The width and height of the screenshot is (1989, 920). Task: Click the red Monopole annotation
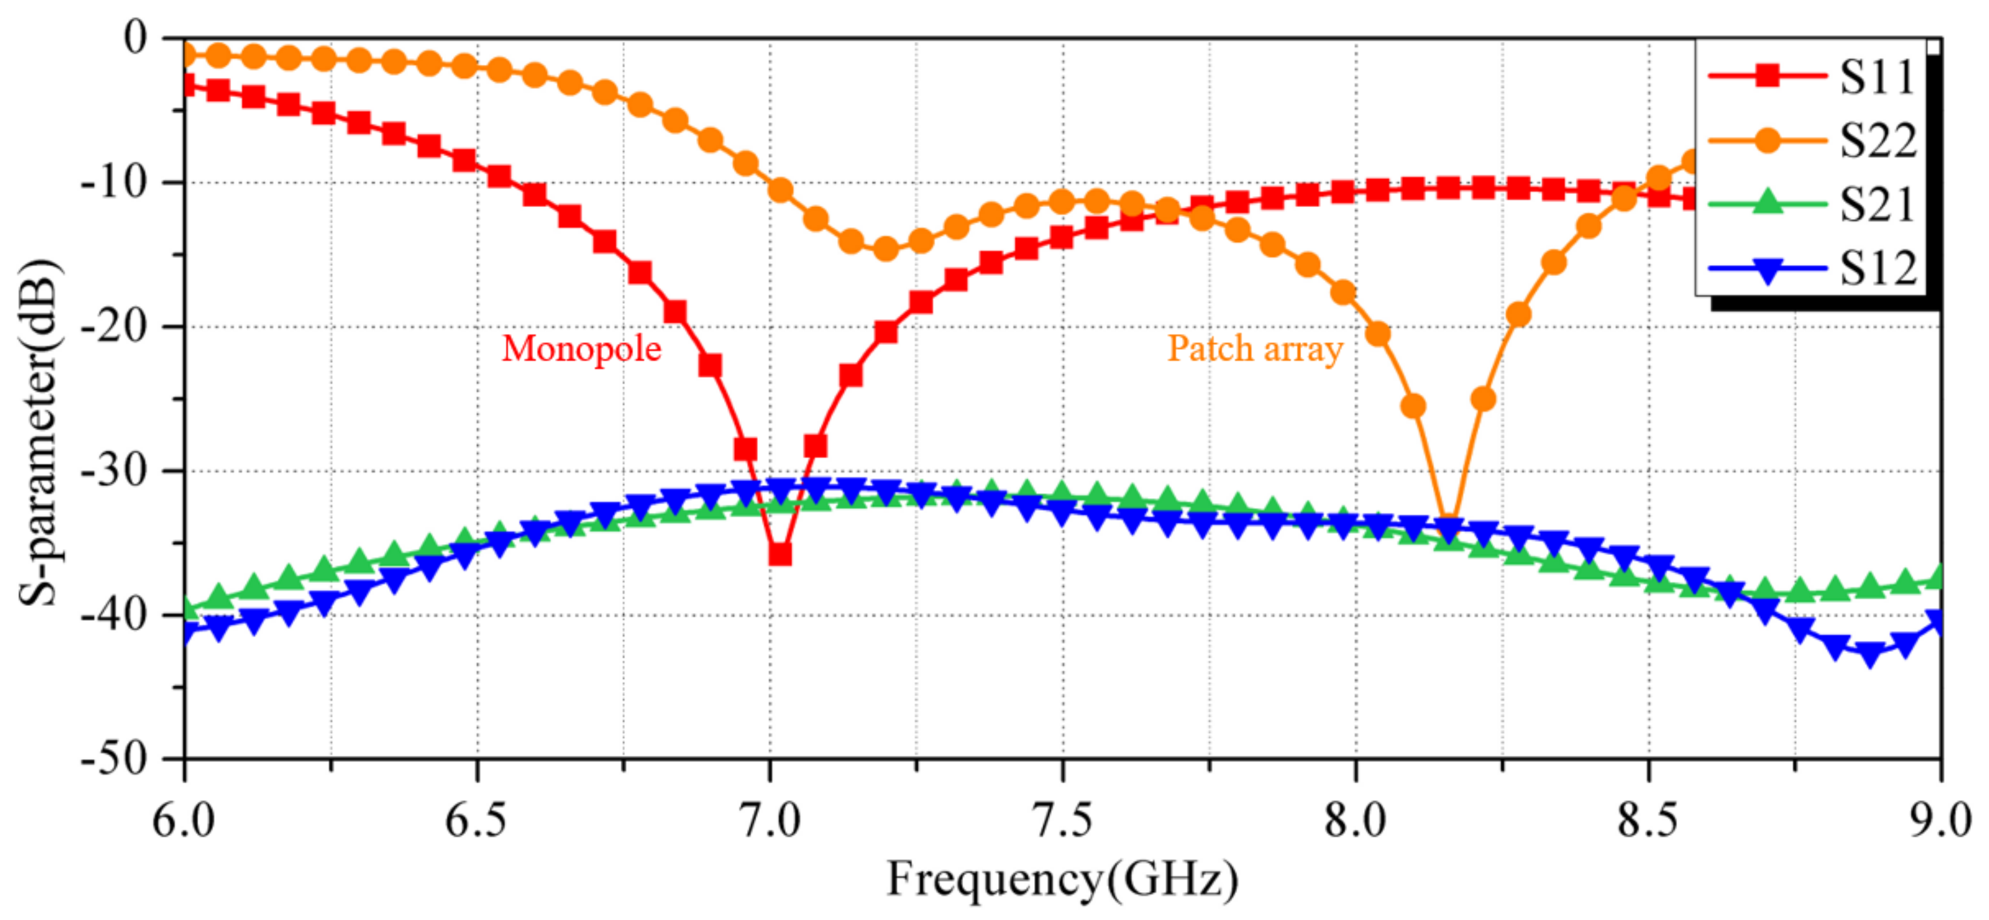click(581, 349)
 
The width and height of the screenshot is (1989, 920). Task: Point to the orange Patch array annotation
click(1255, 349)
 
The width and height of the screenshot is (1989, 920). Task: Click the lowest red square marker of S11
click(780, 554)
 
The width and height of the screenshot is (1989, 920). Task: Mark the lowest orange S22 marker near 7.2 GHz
click(886, 249)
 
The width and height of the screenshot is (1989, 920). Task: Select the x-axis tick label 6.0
click(184, 820)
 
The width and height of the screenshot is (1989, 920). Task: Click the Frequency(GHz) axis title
click(1062, 879)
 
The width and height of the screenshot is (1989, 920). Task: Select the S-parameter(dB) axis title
click(39, 433)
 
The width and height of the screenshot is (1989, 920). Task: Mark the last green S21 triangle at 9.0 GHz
click(1939, 579)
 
